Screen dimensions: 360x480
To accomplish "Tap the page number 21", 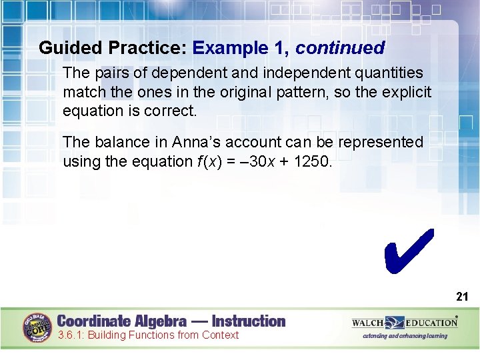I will click(x=462, y=297).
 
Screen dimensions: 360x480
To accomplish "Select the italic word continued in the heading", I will click(x=340, y=48).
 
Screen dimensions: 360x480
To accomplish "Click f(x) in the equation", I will click(x=211, y=161).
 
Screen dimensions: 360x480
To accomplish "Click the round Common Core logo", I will click(x=38, y=327).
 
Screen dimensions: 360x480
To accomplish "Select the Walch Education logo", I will click(x=405, y=323).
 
